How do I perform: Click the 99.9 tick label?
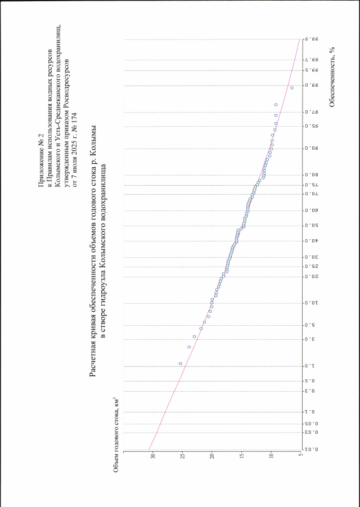(x=311, y=39)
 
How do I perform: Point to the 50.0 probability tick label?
(x=311, y=226)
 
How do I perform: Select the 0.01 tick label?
(x=311, y=449)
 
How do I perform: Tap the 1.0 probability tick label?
(x=311, y=366)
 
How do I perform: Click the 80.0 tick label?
(x=311, y=175)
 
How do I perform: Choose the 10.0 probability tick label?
(x=311, y=303)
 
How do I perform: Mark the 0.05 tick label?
(x=311, y=424)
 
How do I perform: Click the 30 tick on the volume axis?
(x=153, y=457)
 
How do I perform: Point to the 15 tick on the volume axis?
(x=241, y=457)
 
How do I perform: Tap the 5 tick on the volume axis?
(x=300, y=457)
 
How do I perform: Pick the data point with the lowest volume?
(x=291, y=88)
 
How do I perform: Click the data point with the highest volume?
(x=180, y=364)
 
